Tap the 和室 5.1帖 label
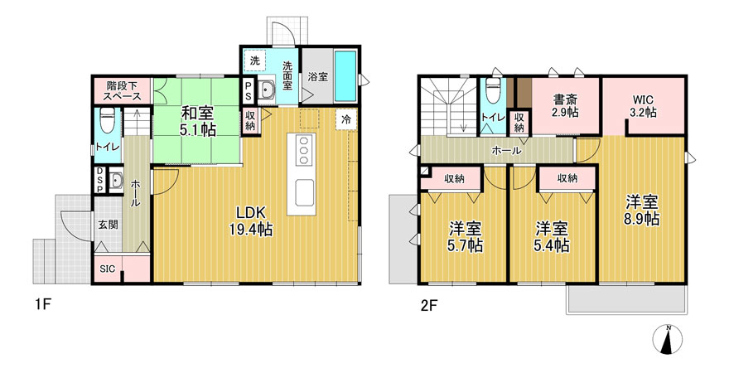[198, 121]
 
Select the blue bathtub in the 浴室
[345, 76]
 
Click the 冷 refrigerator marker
[346, 120]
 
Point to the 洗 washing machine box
[255, 61]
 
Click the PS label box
[249, 90]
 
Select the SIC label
[108, 269]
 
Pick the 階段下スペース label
[123, 90]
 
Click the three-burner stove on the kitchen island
[304, 149]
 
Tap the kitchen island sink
[304, 192]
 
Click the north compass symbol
[669, 338]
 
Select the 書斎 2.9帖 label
[565, 105]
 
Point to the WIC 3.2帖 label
[644, 106]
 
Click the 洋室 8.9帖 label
[642, 210]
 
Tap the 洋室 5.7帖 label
[466, 237]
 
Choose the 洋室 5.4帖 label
[552, 237]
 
